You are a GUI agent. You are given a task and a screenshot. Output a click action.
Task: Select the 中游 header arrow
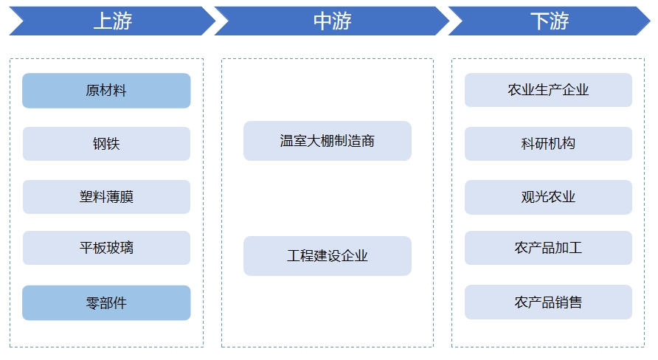pos(331,21)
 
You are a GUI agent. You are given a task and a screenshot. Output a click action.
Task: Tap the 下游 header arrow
pos(549,21)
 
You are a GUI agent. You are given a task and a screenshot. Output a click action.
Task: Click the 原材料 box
pos(106,91)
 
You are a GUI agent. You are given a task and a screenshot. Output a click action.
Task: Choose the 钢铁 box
pos(106,144)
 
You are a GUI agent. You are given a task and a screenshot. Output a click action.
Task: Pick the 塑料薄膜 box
pos(106,197)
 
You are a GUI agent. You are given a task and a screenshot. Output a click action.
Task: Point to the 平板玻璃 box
pos(106,248)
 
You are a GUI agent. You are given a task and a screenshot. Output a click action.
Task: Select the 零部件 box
pos(106,302)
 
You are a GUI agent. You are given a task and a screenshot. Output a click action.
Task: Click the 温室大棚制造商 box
pos(327,141)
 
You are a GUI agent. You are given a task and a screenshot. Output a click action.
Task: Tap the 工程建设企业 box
pos(327,256)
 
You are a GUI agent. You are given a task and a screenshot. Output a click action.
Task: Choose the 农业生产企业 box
pos(548,90)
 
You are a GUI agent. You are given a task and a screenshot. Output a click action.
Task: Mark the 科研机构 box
pos(548,144)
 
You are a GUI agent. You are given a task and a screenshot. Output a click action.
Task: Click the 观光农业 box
pos(548,197)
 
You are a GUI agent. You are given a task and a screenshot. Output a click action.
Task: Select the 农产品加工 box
pos(548,248)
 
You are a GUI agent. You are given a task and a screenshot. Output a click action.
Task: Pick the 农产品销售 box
pos(548,302)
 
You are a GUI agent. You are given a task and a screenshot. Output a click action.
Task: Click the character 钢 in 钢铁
pos(100,144)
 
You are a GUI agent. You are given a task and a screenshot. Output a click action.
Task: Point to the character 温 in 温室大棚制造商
pos(287,141)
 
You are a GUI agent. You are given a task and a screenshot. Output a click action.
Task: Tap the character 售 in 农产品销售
pos(575,302)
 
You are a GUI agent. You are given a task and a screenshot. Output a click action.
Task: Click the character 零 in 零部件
pos(93,302)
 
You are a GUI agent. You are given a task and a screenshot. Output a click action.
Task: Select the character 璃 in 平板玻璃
pos(127,248)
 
